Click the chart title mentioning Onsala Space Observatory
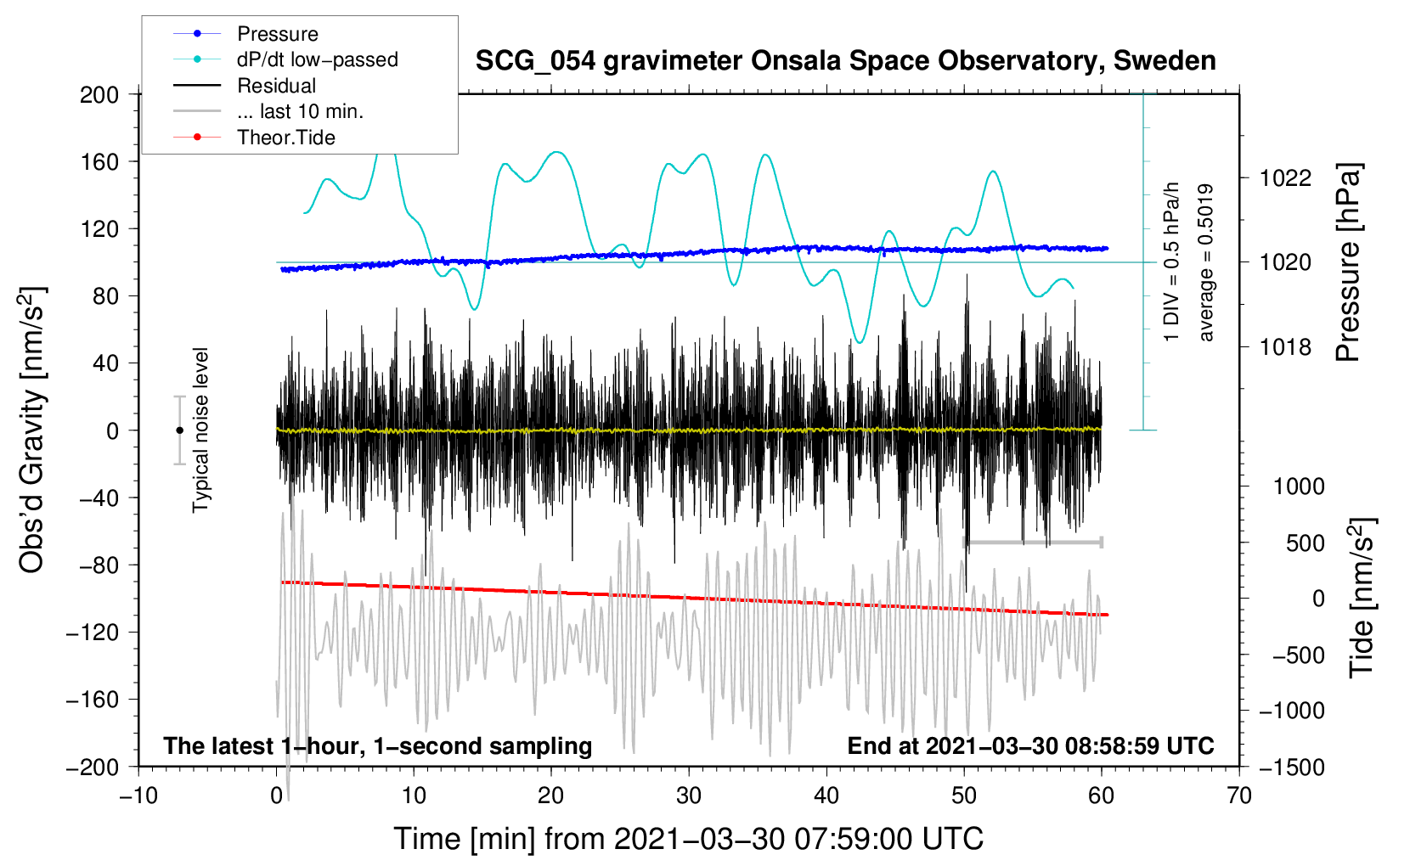pyautogui.click(x=845, y=61)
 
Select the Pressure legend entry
pyautogui.click(x=277, y=34)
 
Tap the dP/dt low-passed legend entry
pyautogui.click(x=317, y=59)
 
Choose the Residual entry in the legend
pyautogui.click(x=276, y=86)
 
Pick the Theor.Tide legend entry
pyautogui.click(x=285, y=138)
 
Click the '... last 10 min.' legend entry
pyautogui.click(x=300, y=111)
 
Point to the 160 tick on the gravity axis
pyautogui.click(x=99, y=161)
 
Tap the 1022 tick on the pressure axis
pyautogui.click(x=1285, y=178)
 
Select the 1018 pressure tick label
pyautogui.click(x=1285, y=347)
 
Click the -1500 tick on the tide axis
pyautogui.click(x=1291, y=767)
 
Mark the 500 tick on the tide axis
pyautogui.click(x=1305, y=543)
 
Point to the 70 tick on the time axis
pyautogui.click(x=1239, y=796)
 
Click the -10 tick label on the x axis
pyautogui.click(x=138, y=796)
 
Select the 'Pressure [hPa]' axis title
pyautogui.click(x=1349, y=263)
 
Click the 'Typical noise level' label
pyautogui.click(x=200, y=430)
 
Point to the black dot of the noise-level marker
pyautogui.click(x=179, y=430)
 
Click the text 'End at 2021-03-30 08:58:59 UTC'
pyautogui.click(x=1030, y=745)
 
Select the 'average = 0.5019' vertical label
pyautogui.click(x=1206, y=263)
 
